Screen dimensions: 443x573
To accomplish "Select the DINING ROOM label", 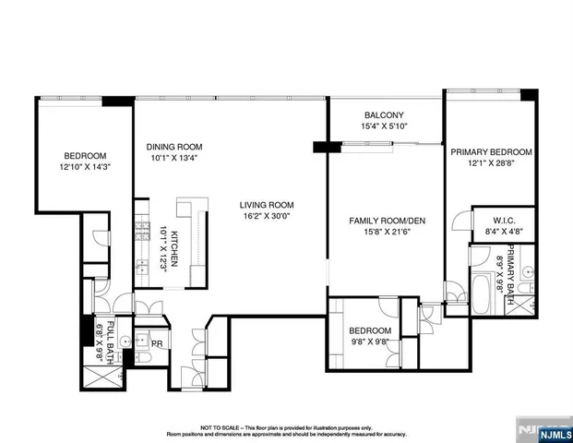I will (174, 147).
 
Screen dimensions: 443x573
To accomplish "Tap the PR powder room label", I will (157, 343).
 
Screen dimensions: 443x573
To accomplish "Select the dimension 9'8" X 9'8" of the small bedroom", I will (369, 342).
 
